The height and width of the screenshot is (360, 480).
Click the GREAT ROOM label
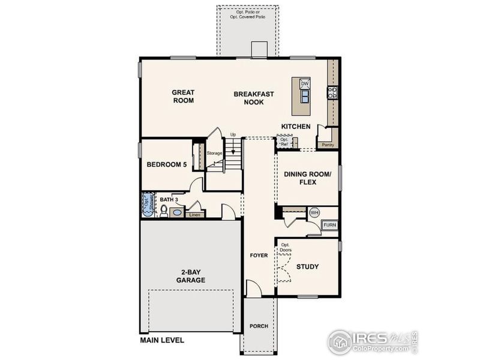coord(183,97)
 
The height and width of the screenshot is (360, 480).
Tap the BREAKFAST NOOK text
coord(254,98)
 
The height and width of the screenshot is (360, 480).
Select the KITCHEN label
coord(296,127)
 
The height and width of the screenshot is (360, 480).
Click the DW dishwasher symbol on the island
coord(304,83)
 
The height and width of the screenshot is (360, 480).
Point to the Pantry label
coord(328,145)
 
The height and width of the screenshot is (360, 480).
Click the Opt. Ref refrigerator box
coord(284,143)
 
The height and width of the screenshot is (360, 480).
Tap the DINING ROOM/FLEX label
coord(308,178)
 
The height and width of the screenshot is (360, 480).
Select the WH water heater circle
coord(314,212)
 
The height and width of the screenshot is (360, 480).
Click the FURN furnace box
coord(330,225)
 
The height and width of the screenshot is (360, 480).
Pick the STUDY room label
coord(307,266)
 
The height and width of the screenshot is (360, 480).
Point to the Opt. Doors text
coord(286,247)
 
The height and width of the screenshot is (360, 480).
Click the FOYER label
coord(259,256)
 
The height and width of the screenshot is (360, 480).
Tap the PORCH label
coord(259,326)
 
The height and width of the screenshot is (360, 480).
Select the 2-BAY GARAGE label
coord(191,276)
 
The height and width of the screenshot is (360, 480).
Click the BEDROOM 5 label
coord(167,164)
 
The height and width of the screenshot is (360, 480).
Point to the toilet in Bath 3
coord(163,210)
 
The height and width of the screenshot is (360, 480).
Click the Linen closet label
coord(194,214)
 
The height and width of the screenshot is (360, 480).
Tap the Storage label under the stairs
coord(215,153)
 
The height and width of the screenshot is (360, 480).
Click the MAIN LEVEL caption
coord(163,340)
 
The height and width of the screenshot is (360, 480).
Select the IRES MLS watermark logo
coord(372,341)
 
